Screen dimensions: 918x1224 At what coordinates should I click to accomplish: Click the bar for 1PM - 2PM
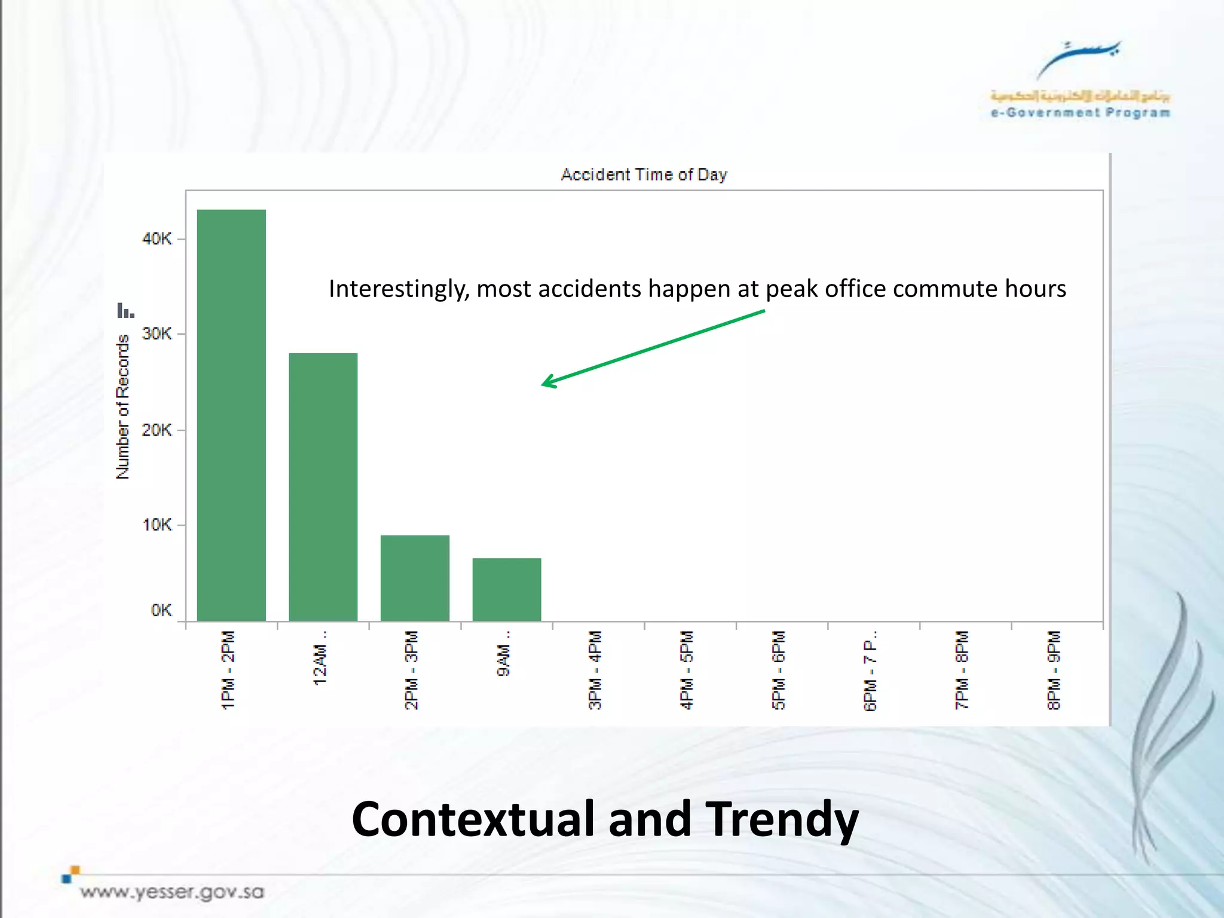click(x=231, y=415)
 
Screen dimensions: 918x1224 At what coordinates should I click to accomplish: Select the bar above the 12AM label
click(x=323, y=486)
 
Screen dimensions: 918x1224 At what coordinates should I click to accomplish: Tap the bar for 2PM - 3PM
click(x=415, y=577)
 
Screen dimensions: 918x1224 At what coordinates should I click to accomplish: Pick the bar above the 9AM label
click(x=506, y=589)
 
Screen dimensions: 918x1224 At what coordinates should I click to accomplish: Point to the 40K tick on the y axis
click(x=157, y=239)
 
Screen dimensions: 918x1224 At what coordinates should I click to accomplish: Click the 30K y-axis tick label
click(x=157, y=333)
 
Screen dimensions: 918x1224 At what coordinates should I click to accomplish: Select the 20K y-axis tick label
click(x=157, y=430)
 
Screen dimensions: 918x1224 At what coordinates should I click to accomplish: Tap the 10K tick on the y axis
click(x=157, y=525)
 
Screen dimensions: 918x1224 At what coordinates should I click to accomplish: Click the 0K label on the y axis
click(x=161, y=610)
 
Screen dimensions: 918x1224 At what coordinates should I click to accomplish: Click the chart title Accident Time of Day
click(x=644, y=175)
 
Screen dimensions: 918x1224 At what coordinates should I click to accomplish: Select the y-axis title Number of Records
click(x=123, y=406)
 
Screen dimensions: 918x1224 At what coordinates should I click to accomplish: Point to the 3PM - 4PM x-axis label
click(x=595, y=669)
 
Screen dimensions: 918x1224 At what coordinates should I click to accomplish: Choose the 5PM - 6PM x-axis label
click(x=779, y=669)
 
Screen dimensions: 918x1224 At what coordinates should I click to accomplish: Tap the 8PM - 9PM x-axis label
click(x=1054, y=669)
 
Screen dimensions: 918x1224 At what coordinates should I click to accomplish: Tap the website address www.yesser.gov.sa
click(x=172, y=892)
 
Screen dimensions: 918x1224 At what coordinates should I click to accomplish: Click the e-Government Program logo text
click(x=1080, y=112)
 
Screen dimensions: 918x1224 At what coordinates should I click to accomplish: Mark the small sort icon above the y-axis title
click(x=126, y=311)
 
